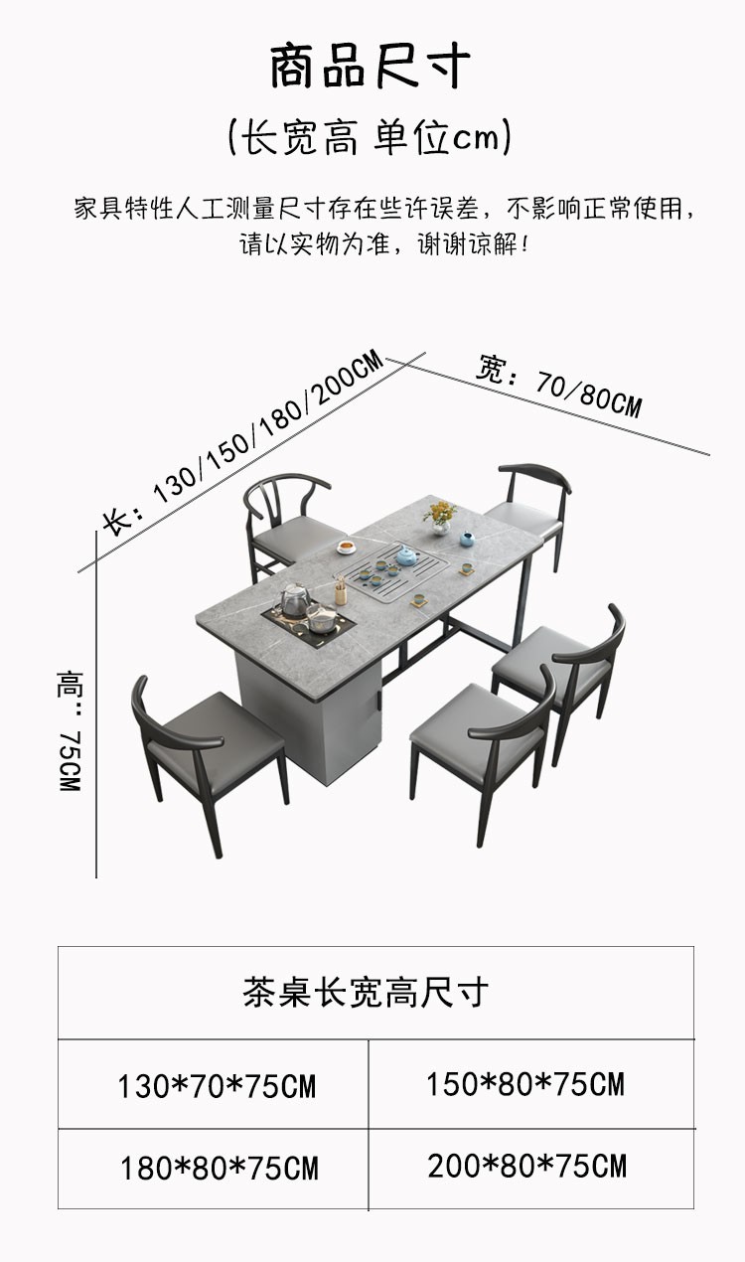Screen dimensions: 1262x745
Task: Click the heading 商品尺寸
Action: [370, 68]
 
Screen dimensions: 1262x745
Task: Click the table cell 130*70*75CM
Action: [217, 1086]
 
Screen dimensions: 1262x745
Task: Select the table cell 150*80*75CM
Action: [525, 1084]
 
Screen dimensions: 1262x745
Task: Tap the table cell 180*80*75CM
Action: [220, 1168]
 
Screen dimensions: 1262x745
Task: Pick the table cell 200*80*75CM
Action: [527, 1166]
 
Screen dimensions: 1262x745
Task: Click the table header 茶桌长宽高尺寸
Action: [366, 992]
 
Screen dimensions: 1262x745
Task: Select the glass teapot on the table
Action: [294, 600]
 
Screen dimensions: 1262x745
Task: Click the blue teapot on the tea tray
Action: [406, 557]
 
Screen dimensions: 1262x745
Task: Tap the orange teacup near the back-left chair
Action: [346, 546]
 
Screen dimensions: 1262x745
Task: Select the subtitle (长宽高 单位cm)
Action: [370, 138]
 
